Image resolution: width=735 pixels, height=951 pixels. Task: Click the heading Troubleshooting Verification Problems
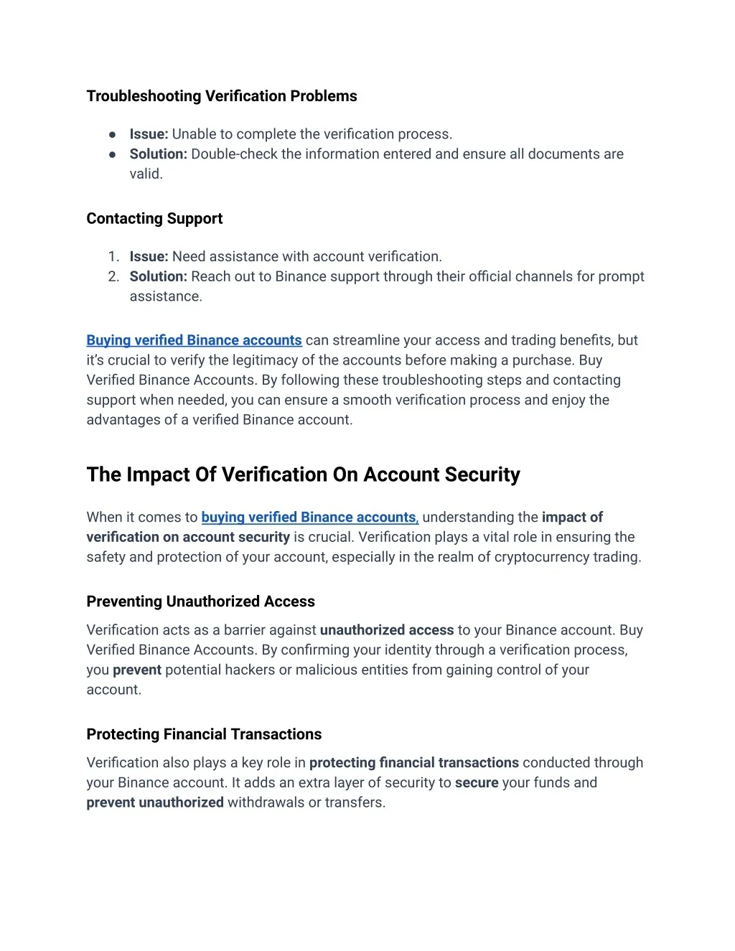(221, 96)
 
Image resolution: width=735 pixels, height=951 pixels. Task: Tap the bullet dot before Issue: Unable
(113, 134)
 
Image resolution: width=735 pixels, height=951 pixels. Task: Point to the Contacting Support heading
(154, 219)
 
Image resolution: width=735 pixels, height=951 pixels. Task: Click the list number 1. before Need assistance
(113, 257)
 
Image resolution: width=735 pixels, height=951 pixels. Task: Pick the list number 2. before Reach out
(113, 277)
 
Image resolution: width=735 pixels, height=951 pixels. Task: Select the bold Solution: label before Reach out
(158, 277)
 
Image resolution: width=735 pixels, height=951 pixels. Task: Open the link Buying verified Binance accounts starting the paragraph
(194, 341)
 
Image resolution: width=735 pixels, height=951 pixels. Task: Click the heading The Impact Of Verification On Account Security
(303, 475)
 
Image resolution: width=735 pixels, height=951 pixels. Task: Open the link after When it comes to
(309, 517)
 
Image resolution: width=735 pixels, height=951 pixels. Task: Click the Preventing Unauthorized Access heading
(200, 601)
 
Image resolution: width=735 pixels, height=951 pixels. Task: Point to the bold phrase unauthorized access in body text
(386, 630)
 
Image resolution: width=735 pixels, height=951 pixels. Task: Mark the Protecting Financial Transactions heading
(204, 734)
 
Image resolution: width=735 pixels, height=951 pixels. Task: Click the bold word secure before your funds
(476, 783)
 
